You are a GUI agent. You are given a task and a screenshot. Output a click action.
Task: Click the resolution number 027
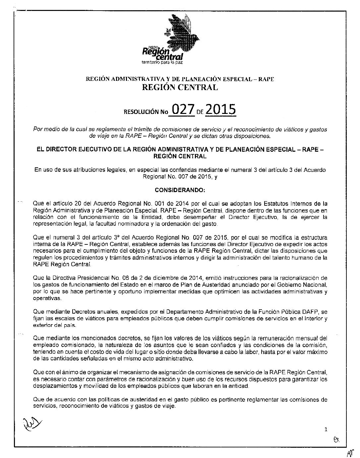(x=181, y=110)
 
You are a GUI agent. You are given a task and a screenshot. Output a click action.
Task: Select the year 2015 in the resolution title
(x=220, y=109)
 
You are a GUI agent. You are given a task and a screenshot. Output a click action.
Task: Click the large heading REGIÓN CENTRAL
(x=180, y=87)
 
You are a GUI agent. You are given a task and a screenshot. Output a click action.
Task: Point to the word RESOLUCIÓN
(x=141, y=112)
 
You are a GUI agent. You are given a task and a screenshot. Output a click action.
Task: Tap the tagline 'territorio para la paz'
(x=157, y=62)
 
